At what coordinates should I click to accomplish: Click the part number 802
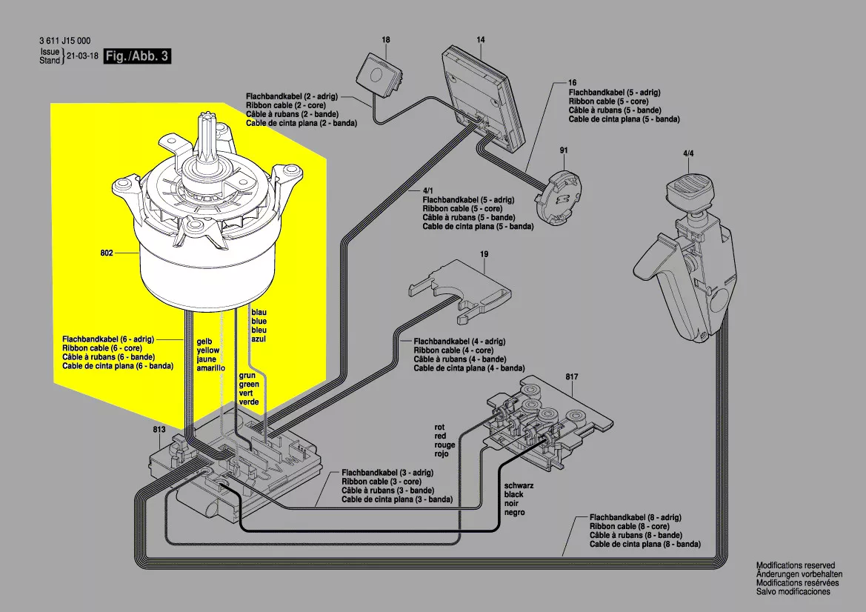106,253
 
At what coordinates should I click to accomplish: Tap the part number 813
159,429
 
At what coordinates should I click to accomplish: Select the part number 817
572,376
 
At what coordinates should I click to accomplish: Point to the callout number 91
564,150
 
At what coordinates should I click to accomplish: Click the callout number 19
484,254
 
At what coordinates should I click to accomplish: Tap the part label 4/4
687,153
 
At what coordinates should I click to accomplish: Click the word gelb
204,342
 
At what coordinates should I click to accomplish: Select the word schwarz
518,485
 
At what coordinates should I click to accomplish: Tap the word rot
440,428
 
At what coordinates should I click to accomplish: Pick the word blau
259,313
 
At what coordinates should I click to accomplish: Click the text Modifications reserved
795,565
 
